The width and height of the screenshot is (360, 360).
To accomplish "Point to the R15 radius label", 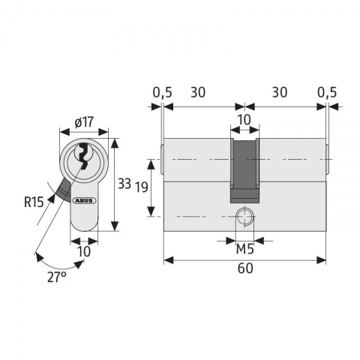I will click(x=33, y=200).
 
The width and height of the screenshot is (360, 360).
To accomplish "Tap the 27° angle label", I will click(x=57, y=277).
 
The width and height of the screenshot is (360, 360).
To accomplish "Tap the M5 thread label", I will click(x=244, y=249).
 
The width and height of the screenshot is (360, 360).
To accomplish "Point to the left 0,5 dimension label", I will click(x=161, y=93).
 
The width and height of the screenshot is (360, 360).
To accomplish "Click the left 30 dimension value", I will click(x=199, y=93).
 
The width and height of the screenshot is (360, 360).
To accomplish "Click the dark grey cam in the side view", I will click(x=244, y=169).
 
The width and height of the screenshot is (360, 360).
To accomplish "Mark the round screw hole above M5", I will click(x=244, y=217).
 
